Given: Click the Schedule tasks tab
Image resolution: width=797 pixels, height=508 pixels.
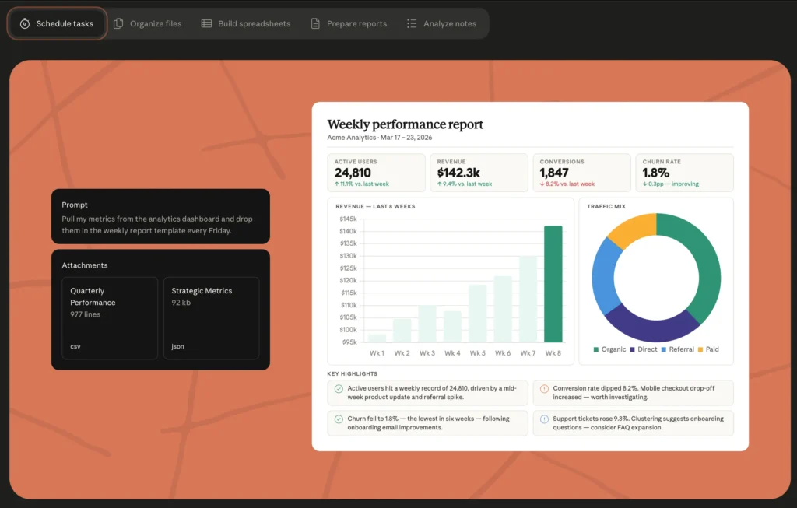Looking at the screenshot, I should click(x=57, y=23).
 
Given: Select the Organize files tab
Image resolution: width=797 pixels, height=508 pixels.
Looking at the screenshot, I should click(x=148, y=23).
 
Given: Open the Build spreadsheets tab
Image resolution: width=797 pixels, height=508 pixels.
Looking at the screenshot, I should click(x=246, y=23).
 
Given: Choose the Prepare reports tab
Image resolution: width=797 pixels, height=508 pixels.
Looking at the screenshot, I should click(x=349, y=23).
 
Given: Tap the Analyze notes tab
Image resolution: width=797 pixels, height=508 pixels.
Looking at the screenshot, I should click(x=441, y=23).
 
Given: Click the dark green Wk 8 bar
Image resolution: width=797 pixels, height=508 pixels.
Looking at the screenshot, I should click(x=553, y=284).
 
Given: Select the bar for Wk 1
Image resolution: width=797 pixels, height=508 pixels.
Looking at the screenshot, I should click(x=377, y=338).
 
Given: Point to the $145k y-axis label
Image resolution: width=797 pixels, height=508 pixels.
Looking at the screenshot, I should click(x=348, y=219).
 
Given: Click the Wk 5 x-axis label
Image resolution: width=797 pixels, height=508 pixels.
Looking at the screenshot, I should click(x=477, y=353).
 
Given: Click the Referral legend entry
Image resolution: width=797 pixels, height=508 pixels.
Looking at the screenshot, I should click(x=676, y=349).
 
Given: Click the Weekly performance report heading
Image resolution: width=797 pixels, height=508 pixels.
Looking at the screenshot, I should click(x=405, y=124).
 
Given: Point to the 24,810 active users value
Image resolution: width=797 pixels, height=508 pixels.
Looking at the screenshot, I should click(x=353, y=173).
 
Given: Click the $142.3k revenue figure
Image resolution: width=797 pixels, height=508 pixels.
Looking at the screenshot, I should click(x=458, y=173).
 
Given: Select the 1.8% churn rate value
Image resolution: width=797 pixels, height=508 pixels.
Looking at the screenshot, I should click(x=655, y=173).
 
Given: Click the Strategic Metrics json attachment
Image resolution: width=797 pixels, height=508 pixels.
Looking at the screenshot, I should click(x=211, y=317).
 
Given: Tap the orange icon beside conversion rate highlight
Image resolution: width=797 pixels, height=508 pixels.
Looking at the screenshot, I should click(x=544, y=388).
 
